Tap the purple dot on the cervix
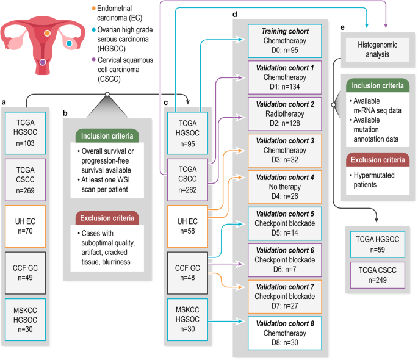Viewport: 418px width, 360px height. [42, 62]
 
